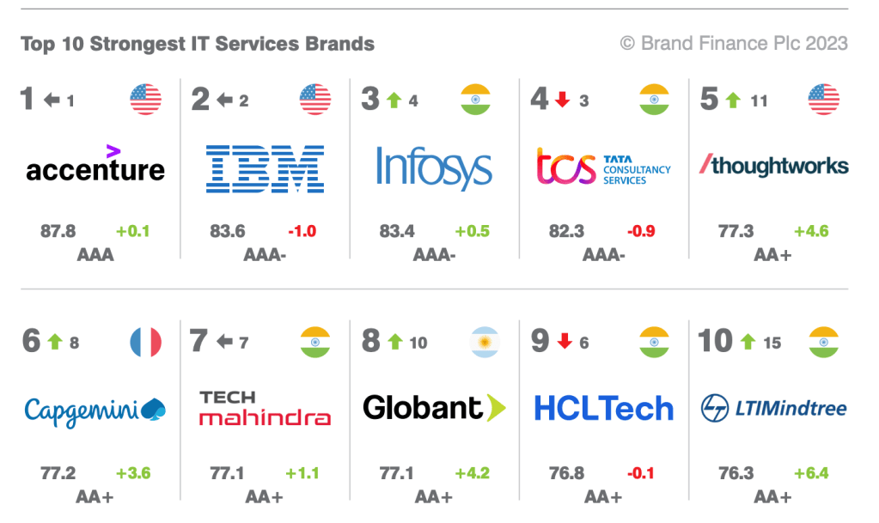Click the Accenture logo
pos(95,165)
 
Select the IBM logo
pos(265,168)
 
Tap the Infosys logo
pos(434,167)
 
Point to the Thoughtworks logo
pos(774,165)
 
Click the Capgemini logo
pos(95,410)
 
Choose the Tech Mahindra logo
pos(265,408)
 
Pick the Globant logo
pos(434,407)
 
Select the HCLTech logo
pos(603,409)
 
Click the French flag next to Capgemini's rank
pos(146,343)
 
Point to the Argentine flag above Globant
pos(485,343)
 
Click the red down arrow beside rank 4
pos(563,100)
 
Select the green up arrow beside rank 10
pos(748,342)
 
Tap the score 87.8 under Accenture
pos(58,231)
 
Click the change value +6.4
pos(812,473)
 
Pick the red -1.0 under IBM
pos(302,231)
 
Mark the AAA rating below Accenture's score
pos(95,255)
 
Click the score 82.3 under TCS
pos(567,231)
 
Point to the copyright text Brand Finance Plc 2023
pos(734,43)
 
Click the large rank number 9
pos(540,341)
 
